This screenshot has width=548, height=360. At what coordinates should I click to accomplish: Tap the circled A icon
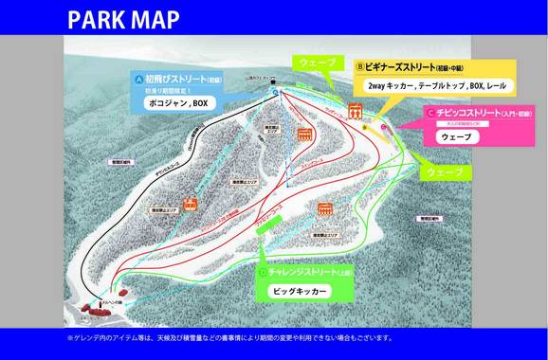(139, 79)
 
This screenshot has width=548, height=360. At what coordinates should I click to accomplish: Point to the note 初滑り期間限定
(169, 89)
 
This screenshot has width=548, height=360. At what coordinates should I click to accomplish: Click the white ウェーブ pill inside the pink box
(457, 136)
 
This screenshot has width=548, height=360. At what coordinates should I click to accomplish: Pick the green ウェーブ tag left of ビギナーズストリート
(317, 62)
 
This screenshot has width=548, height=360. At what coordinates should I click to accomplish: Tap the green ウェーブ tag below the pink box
(444, 172)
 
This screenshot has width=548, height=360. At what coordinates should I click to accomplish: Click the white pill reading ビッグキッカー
(300, 291)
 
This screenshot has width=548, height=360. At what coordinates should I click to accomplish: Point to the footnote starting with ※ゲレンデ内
(228, 337)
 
